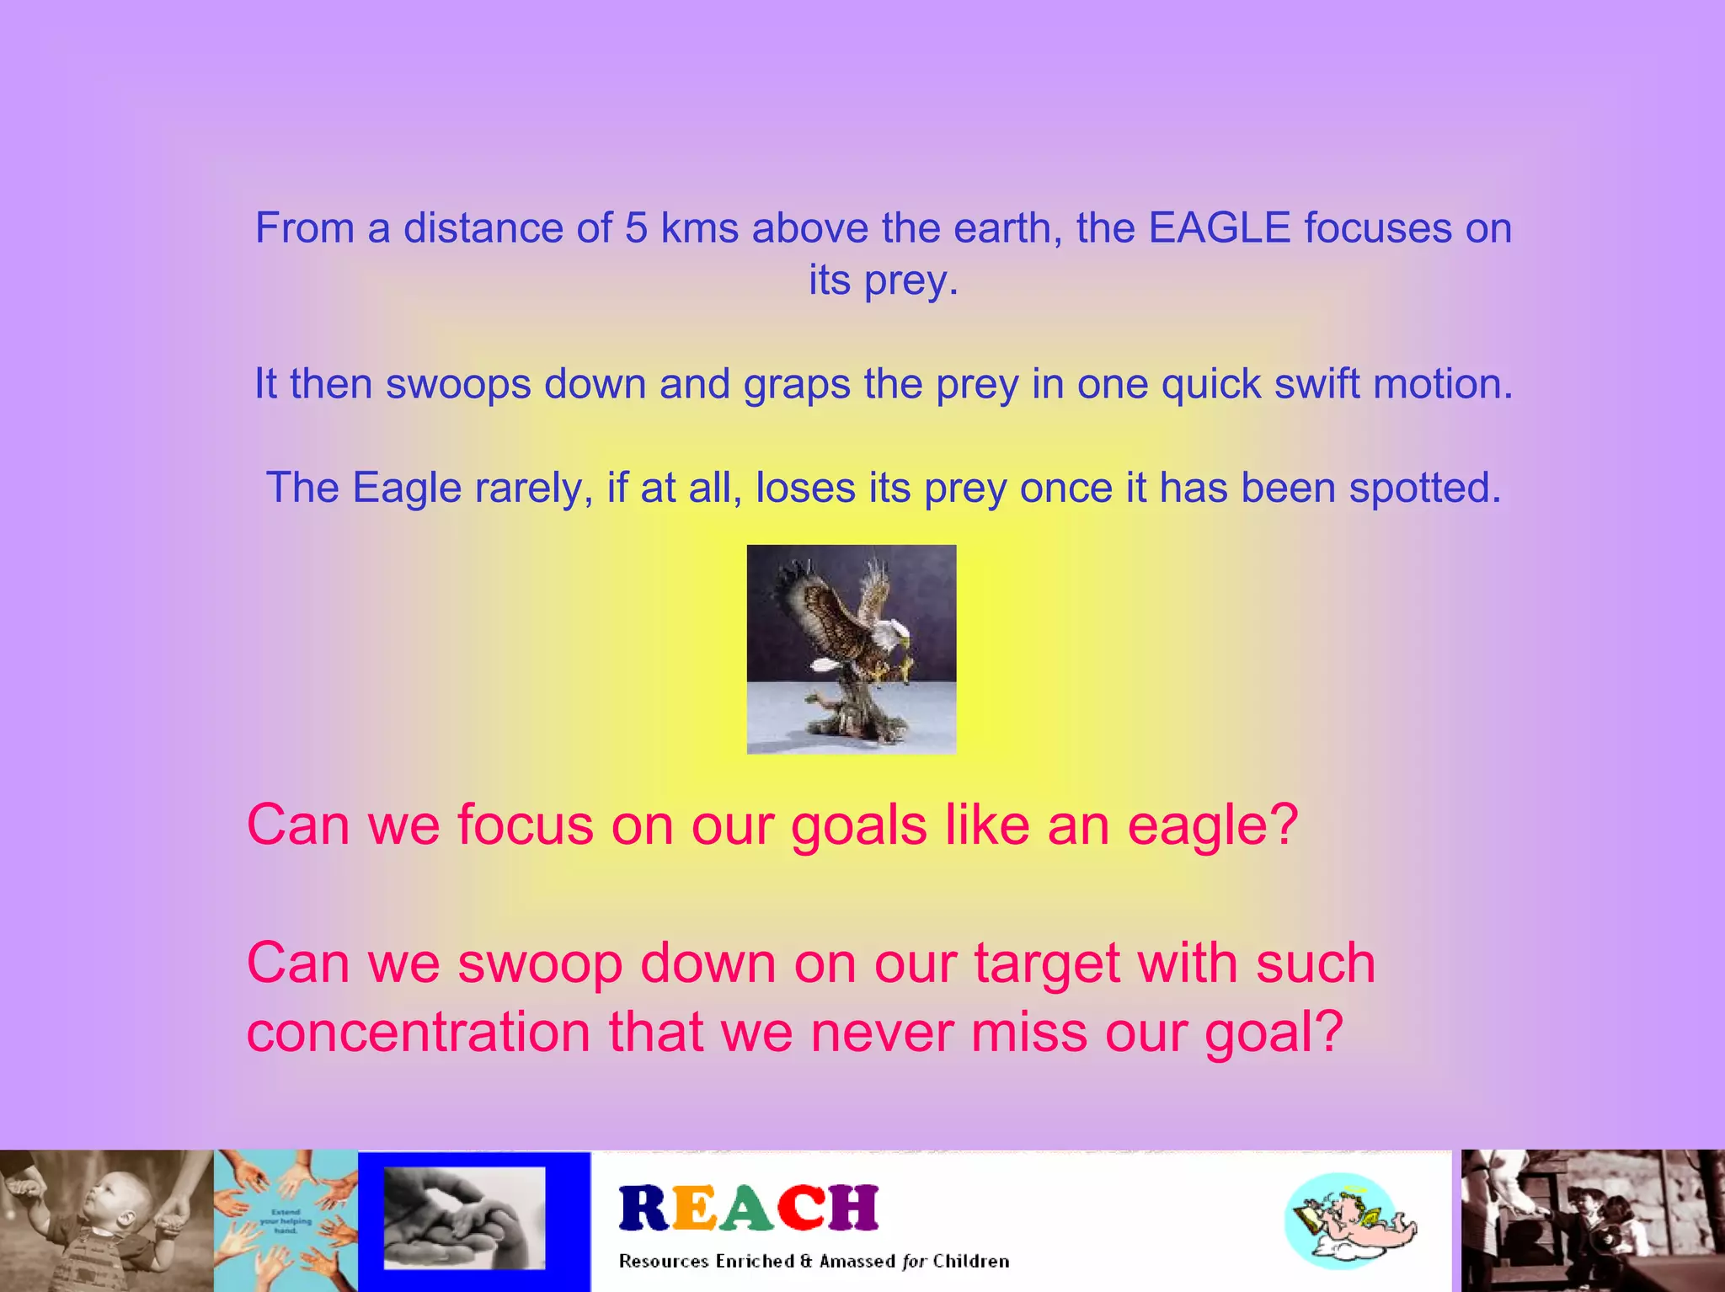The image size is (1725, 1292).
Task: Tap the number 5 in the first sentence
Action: click(x=636, y=228)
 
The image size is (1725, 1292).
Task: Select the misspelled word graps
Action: click(x=796, y=385)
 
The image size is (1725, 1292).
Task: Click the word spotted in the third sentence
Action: click(x=1424, y=488)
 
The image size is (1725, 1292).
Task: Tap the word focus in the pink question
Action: click(x=525, y=825)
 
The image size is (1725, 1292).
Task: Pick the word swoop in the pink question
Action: click(x=540, y=964)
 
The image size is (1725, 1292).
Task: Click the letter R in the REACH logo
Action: click(x=644, y=1208)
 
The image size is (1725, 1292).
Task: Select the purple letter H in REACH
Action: click(x=853, y=1208)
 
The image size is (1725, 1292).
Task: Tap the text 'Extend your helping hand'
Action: click(x=286, y=1220)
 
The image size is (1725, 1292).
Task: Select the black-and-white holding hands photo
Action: click(x=464, y=1219)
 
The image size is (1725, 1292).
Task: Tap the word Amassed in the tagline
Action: click(x=857, y=1261)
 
